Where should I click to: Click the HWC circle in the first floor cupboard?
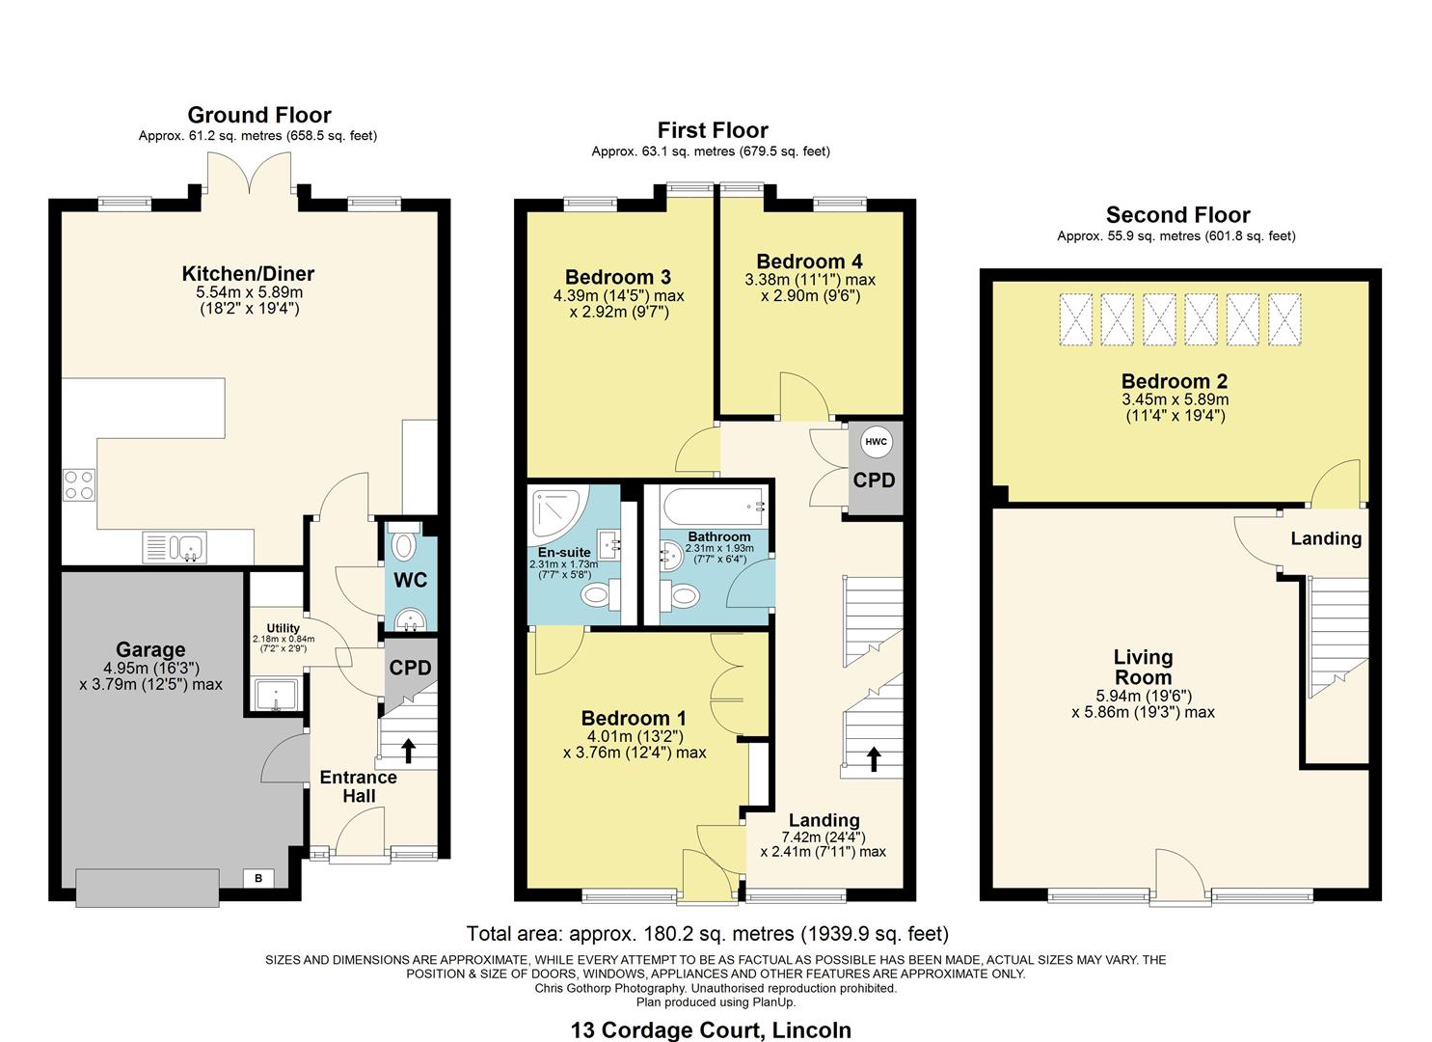(876, 442)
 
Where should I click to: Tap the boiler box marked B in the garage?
(257, 878)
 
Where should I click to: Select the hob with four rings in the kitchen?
(78, 484)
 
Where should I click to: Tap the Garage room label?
(150, 649)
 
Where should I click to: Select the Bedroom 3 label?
(617, 277)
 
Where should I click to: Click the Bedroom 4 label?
(809, 261)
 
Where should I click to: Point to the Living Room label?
(1143, 668)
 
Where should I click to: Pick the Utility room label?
(283, 628)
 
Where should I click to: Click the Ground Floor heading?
(258, 116)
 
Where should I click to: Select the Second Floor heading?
(1177, 215)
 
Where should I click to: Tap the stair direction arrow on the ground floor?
(407, 749)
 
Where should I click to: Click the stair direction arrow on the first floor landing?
(874, 758)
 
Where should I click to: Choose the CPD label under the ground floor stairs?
(410, 668)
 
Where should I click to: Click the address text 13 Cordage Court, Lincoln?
(711, 1029)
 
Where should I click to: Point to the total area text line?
(707, 934)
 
